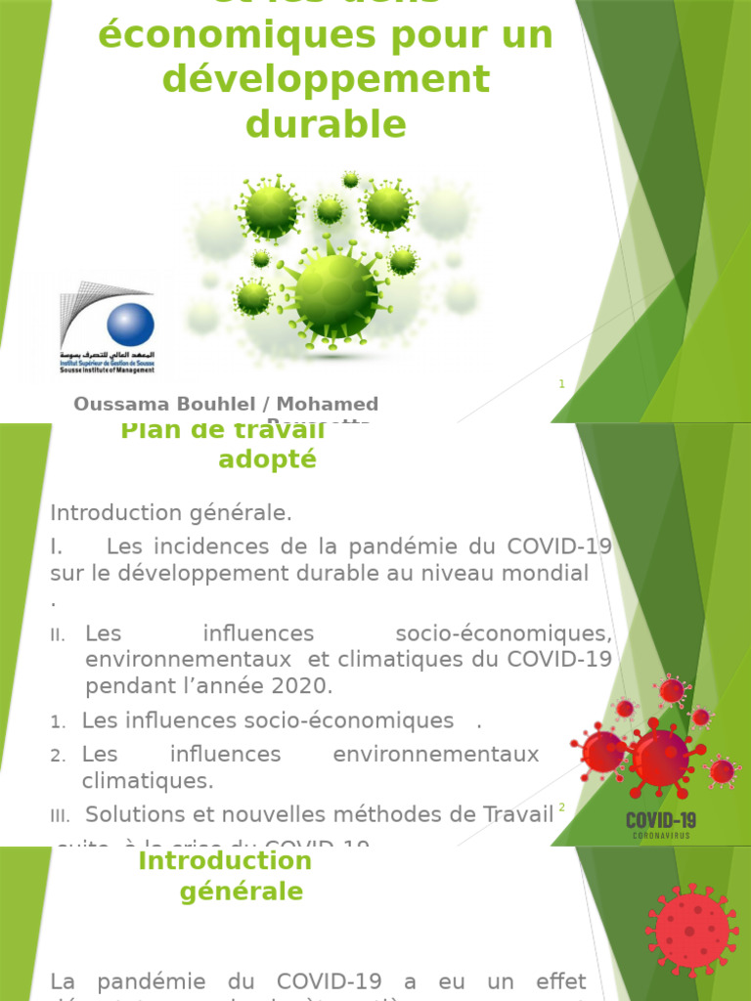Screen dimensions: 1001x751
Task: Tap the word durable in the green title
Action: pyautogui.click(x=326, y=124)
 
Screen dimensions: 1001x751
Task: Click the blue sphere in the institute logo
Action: pyautogui.click(x=130, y=325)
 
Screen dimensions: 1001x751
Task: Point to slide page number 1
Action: pyautogui.click(x=562, y=384)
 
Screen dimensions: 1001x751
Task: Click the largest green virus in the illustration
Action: pyautogui.click(x=335, y=290)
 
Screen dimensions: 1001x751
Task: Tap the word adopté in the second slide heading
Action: pyautogui.click(x=267, y=459)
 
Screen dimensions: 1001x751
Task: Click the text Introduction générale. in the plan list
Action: pyautogui.click(x=171, y=513)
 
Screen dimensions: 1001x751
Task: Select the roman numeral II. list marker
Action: pyautogui.click(x=58, y=635)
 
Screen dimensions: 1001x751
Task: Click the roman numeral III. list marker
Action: pyautogui.click(x=61, y=816)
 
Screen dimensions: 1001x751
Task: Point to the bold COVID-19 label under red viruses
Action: pyautogui.click(x=661, y=819)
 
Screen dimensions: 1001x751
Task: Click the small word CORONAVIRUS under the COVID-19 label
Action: pyautogui.click(x=661, y=837)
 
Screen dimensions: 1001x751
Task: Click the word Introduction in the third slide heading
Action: pyautogui.click(x=225, y=861)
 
